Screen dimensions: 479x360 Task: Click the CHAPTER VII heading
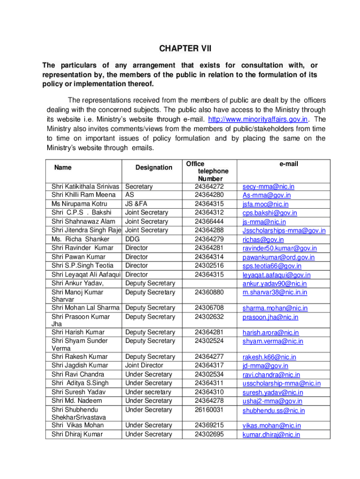point(180,48)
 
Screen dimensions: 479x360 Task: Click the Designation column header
point(153,167)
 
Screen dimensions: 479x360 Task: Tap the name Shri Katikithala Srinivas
point(86,187)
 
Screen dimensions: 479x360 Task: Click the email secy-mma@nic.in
point(265,187)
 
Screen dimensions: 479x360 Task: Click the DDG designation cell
point(133,239)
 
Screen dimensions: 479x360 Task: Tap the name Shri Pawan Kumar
point(79,257)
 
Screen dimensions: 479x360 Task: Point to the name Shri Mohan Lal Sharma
point(86,308)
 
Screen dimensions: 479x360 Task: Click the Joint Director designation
point(144,365)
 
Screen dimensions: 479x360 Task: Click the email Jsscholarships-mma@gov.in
point(284,231)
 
